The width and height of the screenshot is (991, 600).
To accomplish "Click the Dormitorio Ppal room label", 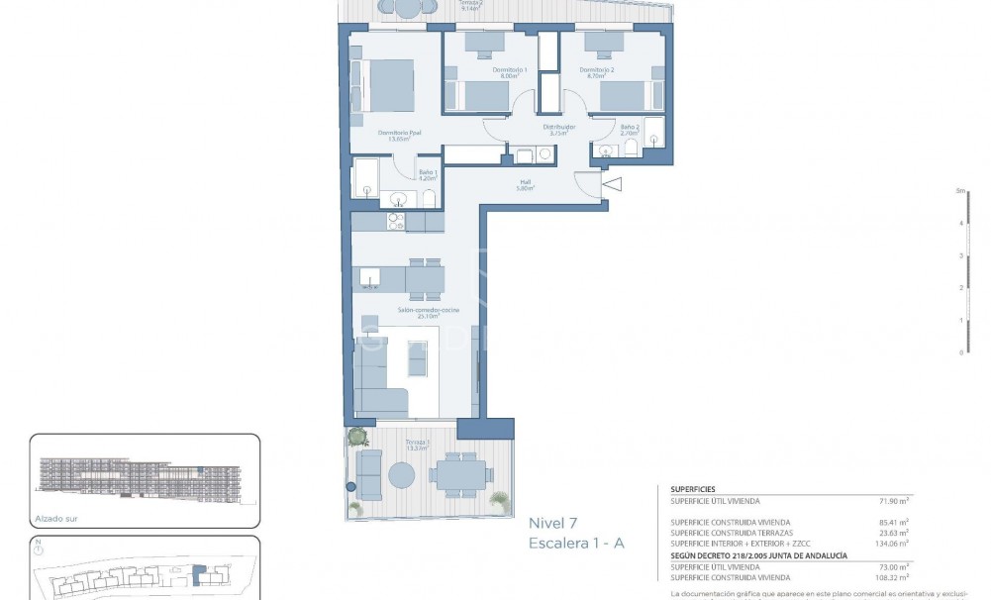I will click(x=400, y=135).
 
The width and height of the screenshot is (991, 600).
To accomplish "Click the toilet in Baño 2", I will click(x=630, y=149).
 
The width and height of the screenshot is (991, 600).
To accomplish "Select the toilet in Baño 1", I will click(x=429, y=199).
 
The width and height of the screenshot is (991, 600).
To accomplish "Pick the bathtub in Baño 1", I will click(x=365, y=179).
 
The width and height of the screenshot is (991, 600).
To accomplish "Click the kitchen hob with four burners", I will click(x=396, y=222).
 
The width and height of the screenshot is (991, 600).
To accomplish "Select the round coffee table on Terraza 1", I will click(x=402, y=475).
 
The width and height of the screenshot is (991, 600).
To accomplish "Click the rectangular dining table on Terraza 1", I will click(x=459, y=473).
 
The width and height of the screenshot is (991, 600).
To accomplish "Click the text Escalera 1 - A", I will click(x=576, y=544).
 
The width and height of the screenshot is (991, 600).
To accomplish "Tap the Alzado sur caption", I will click(x=56, y=518).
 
